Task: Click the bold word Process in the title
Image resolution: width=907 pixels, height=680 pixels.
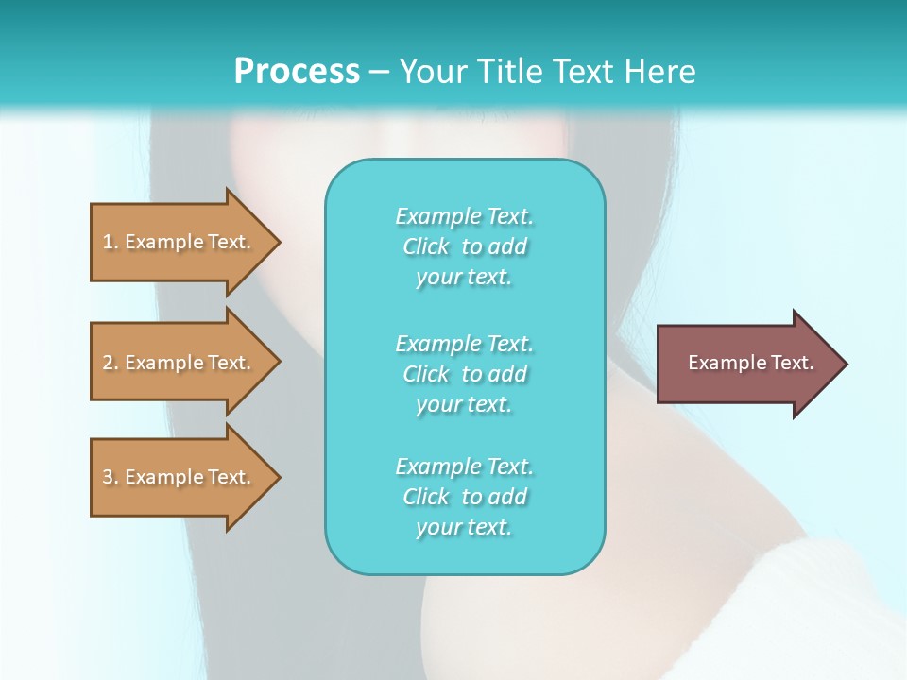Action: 297,71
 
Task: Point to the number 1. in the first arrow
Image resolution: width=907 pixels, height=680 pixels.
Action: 111,242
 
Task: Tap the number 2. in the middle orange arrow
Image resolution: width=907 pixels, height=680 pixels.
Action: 111,363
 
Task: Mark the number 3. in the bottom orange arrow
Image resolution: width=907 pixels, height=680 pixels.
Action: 111,477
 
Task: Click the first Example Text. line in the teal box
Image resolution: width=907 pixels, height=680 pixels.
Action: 465,216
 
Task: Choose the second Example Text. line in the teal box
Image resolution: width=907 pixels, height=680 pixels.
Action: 465,344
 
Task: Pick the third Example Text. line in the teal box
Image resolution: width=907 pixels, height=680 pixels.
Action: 465,467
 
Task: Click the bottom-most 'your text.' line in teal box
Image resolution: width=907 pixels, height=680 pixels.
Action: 464,527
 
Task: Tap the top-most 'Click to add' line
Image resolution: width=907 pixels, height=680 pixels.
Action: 465,246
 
